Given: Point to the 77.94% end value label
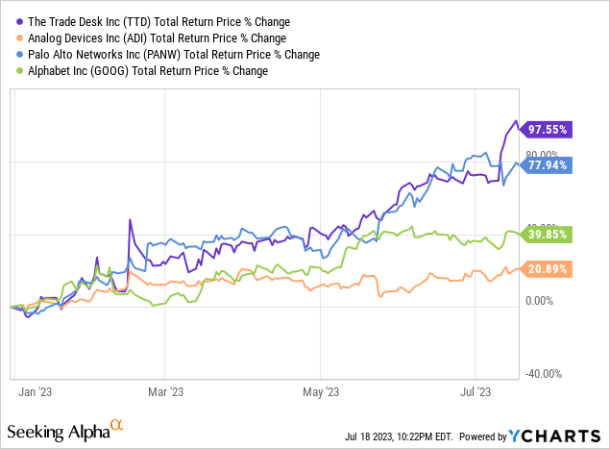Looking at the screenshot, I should [548, 164].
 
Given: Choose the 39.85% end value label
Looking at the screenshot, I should [548, 233].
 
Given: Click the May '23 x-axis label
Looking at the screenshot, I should [321, 391].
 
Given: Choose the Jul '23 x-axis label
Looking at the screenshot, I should [476, 391].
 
